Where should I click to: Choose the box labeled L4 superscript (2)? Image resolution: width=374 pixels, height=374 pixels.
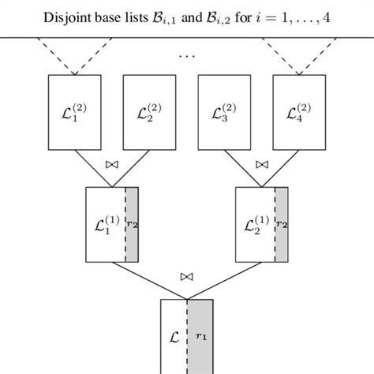tap(297, 112)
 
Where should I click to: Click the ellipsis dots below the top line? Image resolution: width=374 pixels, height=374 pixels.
tap(187, 55)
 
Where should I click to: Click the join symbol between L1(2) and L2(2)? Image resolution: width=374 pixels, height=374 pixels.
tap(111, 166)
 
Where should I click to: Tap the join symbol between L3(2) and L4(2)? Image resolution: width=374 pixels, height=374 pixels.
tap(261, 166)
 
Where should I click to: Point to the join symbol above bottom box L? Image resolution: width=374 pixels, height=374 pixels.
tap(186, 277)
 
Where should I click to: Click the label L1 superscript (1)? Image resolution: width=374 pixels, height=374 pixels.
tap(104, 223)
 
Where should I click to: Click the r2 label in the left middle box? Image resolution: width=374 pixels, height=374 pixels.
tap(132, 224)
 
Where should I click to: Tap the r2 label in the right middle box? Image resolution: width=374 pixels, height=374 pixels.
tap(282, 224)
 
